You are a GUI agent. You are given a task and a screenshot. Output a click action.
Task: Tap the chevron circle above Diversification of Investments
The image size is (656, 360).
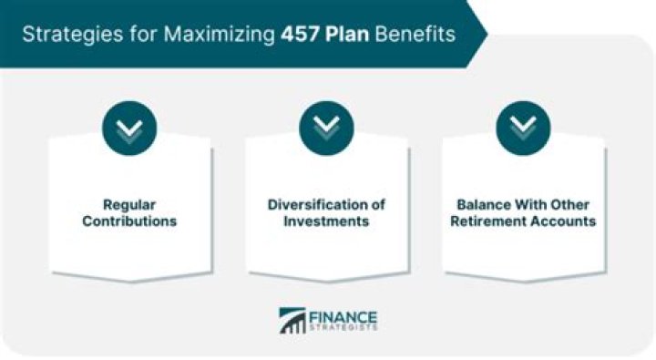(x=327, y=127)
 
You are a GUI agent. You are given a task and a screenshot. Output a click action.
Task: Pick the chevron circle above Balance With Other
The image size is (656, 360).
(x=523, y=127)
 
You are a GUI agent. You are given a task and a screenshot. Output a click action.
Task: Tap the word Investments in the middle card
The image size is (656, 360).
(x=327, y=221)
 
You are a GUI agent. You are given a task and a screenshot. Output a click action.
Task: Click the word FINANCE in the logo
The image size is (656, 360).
(x=343, y=317)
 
